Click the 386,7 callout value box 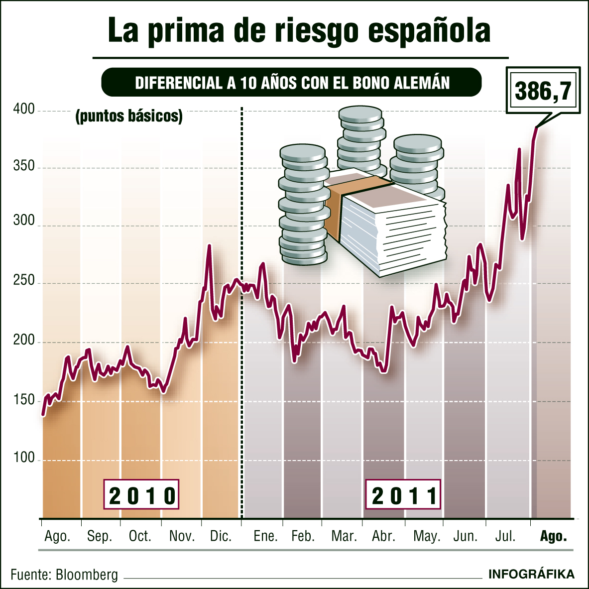click(x=543, y=91)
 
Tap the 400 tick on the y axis click(x=24, y=110)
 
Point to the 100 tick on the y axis click(x=24, y=458)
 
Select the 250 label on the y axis click(x=24, y=281)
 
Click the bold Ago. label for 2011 click(x=553, y=536)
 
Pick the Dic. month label click(x=221, y=536)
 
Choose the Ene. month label click(x=265, y=536)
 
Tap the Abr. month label click(x=383, y=536)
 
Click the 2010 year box click(x=141, y=495)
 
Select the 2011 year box click(x=403, y=495)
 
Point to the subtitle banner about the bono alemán click(x=292, y=83)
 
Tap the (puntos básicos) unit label click(x=129, y=116)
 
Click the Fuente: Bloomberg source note click(x=64, y=575)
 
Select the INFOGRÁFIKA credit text click(x=531, y=574)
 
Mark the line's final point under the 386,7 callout click(x=536, y=128)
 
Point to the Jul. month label click(x=505, y=536)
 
